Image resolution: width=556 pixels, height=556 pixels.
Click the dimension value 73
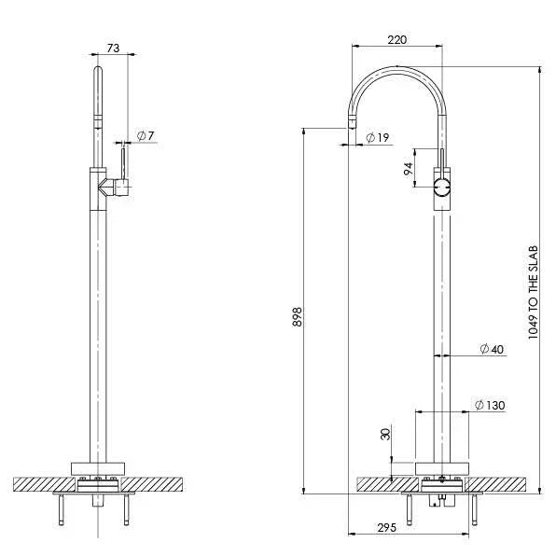[112, 48]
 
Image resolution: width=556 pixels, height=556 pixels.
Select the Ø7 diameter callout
[145, 136]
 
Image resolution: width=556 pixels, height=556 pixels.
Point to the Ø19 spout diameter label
[377, 138]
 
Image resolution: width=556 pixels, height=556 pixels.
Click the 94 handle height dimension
[408, 169]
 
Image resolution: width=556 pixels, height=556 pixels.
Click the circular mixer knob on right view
[443, 188]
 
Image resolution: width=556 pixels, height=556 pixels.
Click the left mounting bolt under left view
[63, 510]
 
